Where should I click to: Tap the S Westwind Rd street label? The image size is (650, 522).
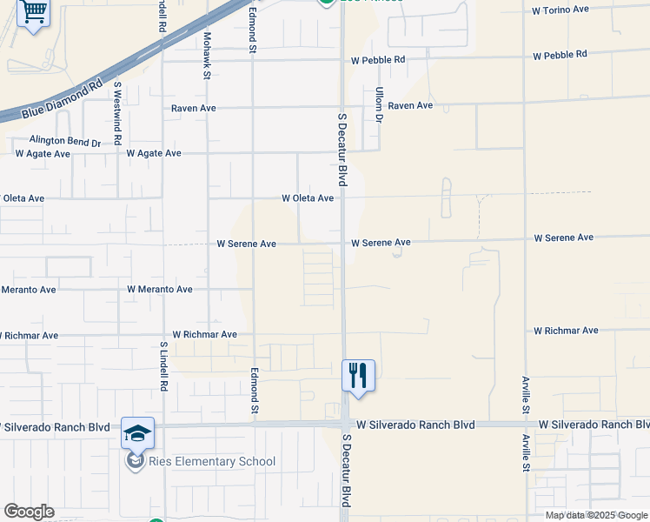(116, 114)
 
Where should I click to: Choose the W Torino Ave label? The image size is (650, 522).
(560, 10)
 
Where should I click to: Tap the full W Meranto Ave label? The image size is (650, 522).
(160, 289)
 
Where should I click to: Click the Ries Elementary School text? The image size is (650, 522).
(212, 462)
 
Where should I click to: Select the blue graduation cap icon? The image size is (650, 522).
(137, 432)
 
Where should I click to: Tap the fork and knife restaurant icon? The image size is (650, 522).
(358, 375)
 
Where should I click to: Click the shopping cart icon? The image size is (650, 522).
(33, 12)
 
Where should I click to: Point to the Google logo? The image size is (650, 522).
(29, 512)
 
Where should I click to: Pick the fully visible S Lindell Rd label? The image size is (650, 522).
(163, 365)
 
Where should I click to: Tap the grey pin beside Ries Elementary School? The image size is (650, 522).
(135, 461)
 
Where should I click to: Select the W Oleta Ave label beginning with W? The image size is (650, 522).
(308, 198)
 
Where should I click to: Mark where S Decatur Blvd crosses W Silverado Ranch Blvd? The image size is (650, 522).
(344, 425)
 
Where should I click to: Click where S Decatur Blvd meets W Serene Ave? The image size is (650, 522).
(342, 243)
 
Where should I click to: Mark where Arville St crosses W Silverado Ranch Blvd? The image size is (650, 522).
(525, 425)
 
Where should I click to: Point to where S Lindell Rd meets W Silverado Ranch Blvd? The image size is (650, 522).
(163, 425)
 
